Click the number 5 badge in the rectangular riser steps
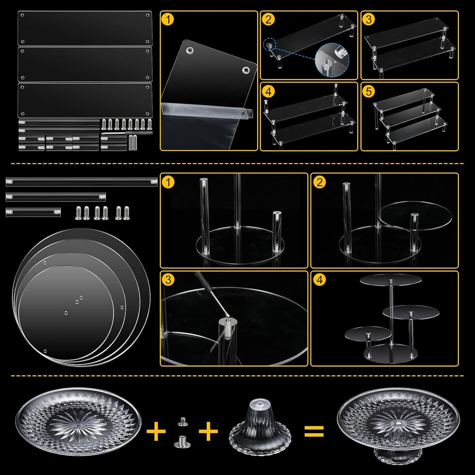coord(368,91)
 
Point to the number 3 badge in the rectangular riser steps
coord(368,19)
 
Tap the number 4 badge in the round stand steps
coord(320,280)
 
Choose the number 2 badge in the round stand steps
coord(320,182)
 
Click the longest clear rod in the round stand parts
coord(82,182)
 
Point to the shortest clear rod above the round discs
coord(33,211)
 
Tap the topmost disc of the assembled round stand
coord(391,279)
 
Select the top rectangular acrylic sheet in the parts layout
coord(85,28)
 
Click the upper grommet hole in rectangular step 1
coord(190,51)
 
